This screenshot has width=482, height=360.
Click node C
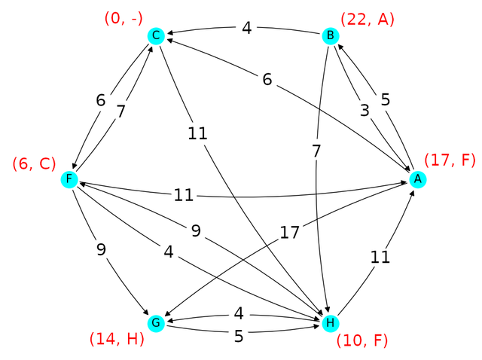tap(156, 35)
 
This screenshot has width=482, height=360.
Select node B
tap(329, 35)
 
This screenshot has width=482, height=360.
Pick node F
tap(69, 179)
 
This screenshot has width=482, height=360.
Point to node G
tap(156, 323)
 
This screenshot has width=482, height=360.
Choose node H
tap(329, 323)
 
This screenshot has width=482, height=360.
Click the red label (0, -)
tap(124, 17)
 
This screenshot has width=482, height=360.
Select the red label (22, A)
tap(368, 17)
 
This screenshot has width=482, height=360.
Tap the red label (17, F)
tap(450, 160)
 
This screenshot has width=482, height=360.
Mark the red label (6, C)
tap(34, 163)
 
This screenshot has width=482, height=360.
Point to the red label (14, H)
tap(116, 340)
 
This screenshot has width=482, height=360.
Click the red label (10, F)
tap(361, 340)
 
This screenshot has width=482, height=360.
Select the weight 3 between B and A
tap(365, 110)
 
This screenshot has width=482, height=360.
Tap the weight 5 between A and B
tap(386, 99)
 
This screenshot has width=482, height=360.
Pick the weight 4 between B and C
tap(247, 29)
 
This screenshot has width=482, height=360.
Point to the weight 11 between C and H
tap(198, 134)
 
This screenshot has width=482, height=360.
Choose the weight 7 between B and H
tap(317, 150)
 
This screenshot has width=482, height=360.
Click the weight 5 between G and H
tap(239, 336)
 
